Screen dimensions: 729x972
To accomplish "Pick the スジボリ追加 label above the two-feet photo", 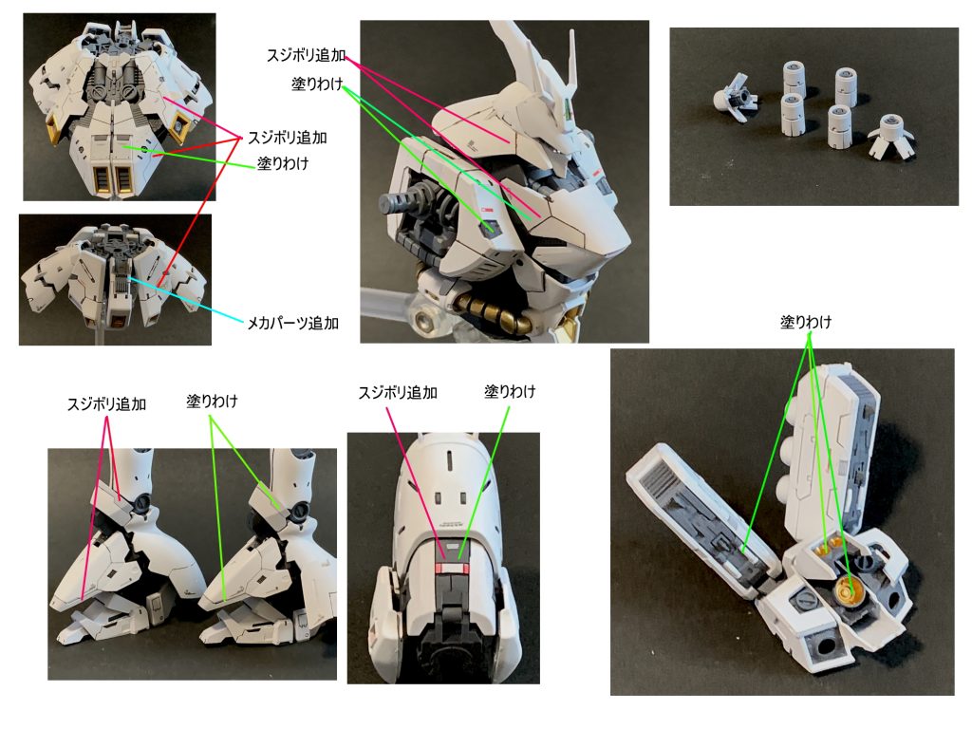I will tap(106, 403).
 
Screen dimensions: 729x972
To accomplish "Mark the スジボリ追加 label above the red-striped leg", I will tap(398, 392).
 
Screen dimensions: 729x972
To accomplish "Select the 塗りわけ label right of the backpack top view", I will tap(283, 162).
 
